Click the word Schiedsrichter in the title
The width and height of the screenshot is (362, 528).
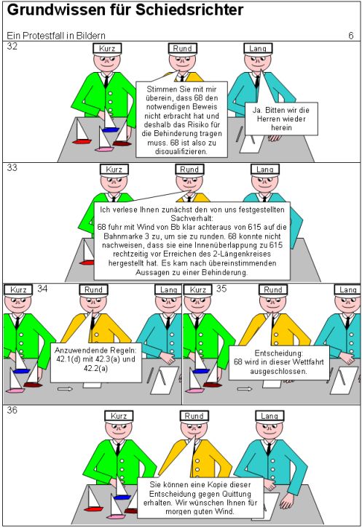tap(189, 10)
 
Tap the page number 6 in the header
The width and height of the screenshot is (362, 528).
tap(351, 36)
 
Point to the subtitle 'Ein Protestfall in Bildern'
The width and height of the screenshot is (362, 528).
tap(56, 36)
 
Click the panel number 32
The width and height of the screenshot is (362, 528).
tap(12, 46)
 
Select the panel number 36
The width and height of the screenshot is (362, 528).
tap(12, 410)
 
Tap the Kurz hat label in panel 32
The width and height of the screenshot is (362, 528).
tap(107, 49)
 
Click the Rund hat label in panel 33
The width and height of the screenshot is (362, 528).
tap(189, 169)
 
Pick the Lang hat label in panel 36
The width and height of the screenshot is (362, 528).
tap(269, 416)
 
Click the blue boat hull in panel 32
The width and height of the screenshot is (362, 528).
tap(110, 129)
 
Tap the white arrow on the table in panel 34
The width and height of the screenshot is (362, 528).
tap(65, 389)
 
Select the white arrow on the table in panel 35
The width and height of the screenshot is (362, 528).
tap(245, 389)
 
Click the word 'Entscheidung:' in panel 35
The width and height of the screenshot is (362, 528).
tap(279, 353)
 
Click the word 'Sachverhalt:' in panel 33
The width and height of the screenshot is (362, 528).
tap(192, 218)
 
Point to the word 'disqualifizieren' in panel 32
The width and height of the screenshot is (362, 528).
tap(181, 151)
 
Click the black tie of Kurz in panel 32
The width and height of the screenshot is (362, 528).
tap(106, 81)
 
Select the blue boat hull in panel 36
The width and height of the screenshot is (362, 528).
tap(122, 497)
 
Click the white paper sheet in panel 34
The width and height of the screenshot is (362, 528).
tap(165, 380)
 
